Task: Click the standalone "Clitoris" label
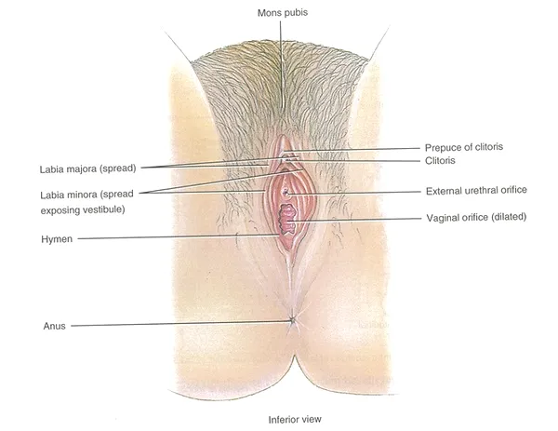click(440, 161)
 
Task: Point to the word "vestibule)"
click(103, 209)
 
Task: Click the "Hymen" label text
click(57, 239)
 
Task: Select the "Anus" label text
click(55, 326)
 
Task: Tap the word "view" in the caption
click(312, 420)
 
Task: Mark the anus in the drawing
click(292, 320)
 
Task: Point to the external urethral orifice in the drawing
click(286, 193)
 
